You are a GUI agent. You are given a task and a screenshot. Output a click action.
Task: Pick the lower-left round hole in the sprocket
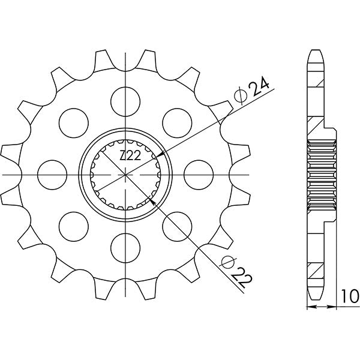tap(73, 226)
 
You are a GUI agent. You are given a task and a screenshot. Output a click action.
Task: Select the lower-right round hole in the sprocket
tap(176, 226)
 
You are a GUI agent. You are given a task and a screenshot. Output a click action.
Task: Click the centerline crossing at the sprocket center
tap(125, 174)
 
